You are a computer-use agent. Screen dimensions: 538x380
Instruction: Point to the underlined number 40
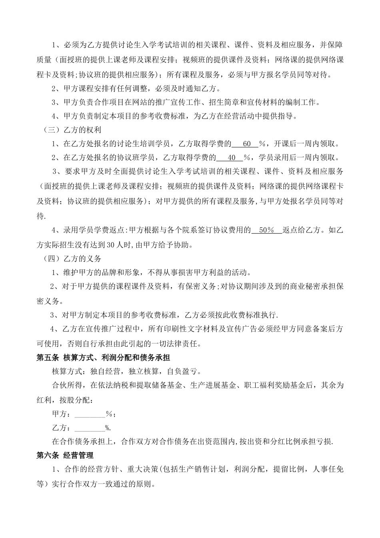pos(231,157)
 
